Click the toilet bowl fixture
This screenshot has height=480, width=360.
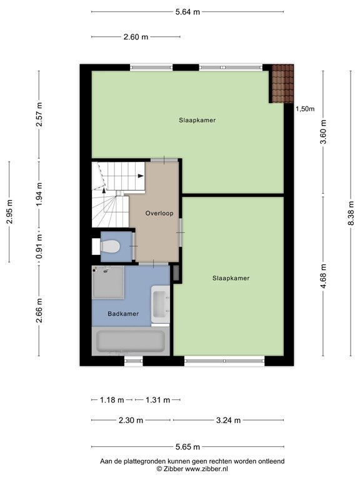(109, 246)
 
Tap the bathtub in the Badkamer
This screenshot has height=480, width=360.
(131, 341)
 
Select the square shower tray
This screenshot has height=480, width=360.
(108, 282)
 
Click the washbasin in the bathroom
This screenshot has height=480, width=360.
(161, 304)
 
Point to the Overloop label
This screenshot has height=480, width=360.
(159, 213)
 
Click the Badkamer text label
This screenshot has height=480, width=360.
(123, 314)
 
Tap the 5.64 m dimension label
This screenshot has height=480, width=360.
(187, 12)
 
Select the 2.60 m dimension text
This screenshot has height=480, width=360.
(136, 37)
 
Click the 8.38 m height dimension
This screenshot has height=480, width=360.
(351, 212)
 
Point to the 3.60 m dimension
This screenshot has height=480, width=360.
(323, 132)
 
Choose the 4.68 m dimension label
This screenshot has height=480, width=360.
(323, 276)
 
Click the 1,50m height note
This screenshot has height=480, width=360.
(305, 109)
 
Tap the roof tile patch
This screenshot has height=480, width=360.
(282, 84)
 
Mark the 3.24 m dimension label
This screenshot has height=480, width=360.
(228, 420)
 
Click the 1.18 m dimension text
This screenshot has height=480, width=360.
(112, 400)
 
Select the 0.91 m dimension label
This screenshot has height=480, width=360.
(39, 246)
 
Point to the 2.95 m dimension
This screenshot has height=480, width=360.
(9, 211)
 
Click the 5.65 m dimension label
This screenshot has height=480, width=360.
(187, 447)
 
